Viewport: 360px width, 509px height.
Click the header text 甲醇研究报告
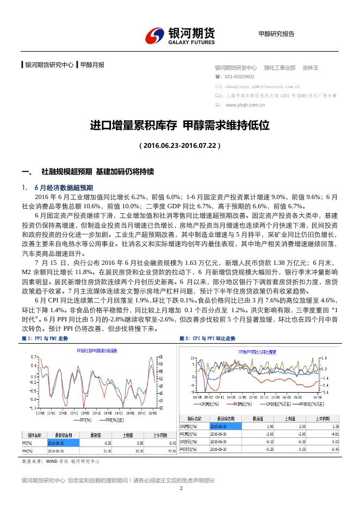click(x=276, y=34)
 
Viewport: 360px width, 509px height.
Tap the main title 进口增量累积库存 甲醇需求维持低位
click(x=179, y=126)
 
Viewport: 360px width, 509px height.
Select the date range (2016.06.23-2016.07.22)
click(x=180, y=146)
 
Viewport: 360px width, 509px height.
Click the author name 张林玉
click(x=311, y=68)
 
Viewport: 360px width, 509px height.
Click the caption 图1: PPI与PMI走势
click(x=45, y=338)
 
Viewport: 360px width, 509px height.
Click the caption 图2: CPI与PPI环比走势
click(x=207, y=338)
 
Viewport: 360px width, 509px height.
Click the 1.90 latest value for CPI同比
click(x=255, y=427)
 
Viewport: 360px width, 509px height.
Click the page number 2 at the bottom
click(x=181, y=488)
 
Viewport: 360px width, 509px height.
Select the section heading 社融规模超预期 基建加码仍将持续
click(x=97, y=172)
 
